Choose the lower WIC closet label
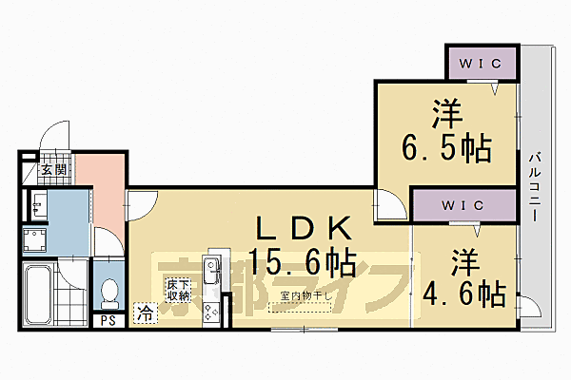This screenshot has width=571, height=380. [463, 205]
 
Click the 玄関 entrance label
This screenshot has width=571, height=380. [53, 170]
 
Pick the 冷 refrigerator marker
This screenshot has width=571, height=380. [146, 311]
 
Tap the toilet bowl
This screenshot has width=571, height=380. [109, 291]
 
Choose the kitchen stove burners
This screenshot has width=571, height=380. [211, 307]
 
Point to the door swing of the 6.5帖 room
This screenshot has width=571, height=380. [389, 203]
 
